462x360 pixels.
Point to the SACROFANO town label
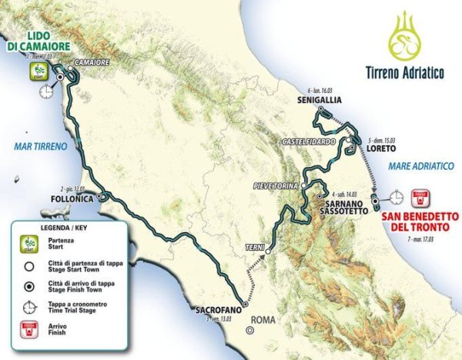tap(213, 312)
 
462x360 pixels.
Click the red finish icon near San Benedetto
tap(420, 197)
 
